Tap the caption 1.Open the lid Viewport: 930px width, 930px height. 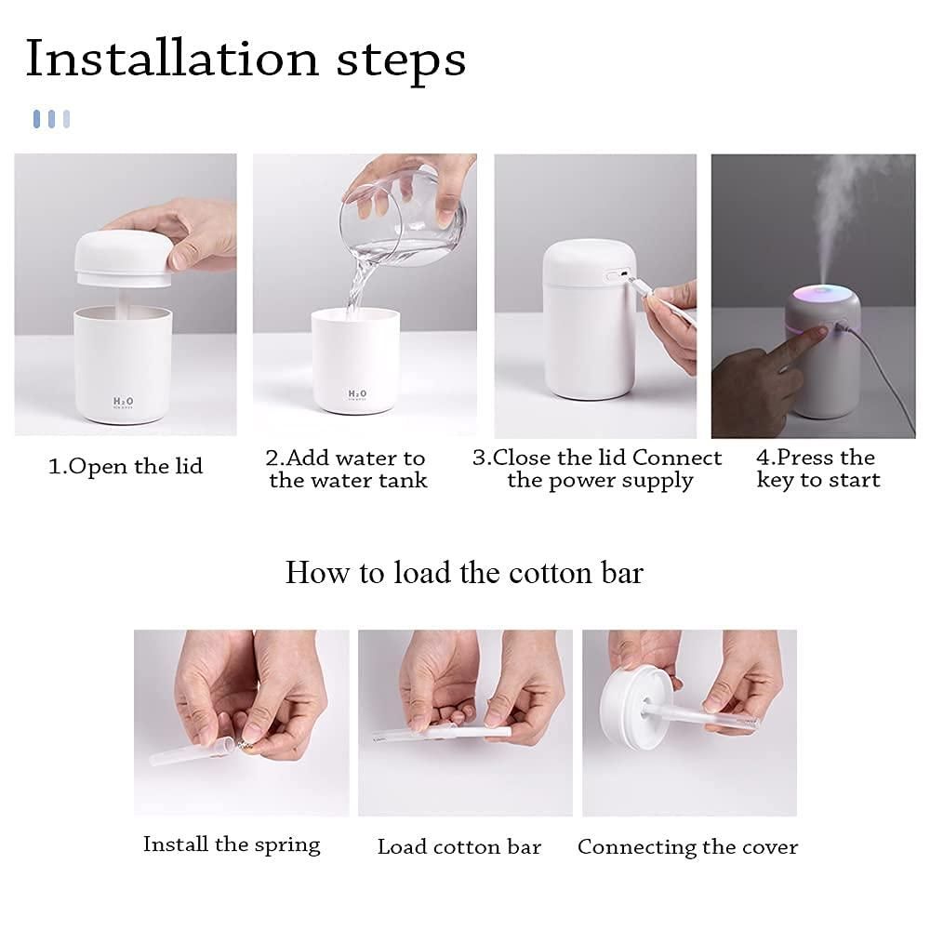click(125, 466)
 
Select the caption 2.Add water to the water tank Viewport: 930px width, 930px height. click(347, 470)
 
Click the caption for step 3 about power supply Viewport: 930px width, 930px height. click(598, 470)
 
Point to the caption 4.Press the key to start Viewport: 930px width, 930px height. click(817, 470)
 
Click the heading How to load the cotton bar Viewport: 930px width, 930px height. click(463, 572)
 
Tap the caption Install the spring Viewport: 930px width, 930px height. click(231, 844)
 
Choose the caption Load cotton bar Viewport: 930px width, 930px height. click(458, 847)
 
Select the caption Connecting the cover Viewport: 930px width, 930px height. click(687, 847)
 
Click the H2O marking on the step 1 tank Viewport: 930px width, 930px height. click(123, 402)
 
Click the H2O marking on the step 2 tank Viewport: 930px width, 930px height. click(357, 395)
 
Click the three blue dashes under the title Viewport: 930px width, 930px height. click(51, 118)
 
